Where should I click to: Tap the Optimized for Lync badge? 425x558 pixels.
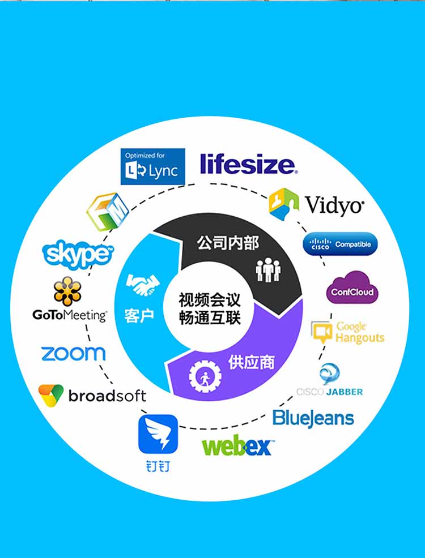[153, 166]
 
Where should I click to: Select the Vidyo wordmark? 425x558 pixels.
[334, 206]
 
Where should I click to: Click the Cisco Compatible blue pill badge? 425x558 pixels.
[340, 244]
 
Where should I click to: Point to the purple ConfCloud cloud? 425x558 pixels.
[352, 287]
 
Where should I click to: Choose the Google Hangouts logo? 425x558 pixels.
[348, 332]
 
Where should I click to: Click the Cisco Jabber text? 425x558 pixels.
[330, 392]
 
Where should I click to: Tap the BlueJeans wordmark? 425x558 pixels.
[313, 419]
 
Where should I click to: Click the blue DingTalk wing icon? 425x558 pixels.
[158, 434]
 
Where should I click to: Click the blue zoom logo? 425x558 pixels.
[74, 354]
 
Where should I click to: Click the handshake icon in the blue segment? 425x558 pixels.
[142, 285]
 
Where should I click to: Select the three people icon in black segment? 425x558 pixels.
[268, 270]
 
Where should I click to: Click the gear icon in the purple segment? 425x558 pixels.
[205, 376]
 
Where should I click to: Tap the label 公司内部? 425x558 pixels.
[228, 243]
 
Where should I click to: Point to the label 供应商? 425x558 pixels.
[252, 362]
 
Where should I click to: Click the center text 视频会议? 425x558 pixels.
[210, 299]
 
